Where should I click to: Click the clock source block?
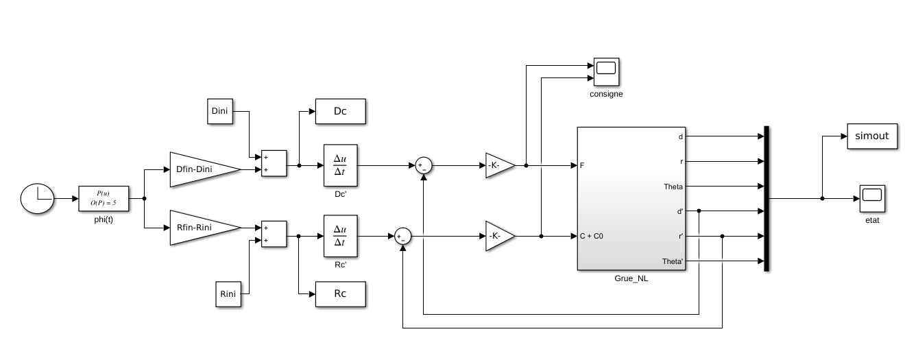tap(37, 199)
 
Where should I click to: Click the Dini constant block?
tap(220, 111)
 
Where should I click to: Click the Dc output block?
tap(340, 111)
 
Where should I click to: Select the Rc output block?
tap(340, 293)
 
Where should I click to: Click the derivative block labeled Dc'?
tap(341, 165)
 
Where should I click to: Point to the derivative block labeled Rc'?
tap(341, 237)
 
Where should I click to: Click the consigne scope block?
tap(606, 72)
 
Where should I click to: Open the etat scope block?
tap(871, 198)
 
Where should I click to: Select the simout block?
tap(872, 136)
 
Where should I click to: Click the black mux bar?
tap(767, 199)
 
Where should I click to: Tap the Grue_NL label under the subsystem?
tap(631, 278)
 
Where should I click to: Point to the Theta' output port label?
tap(673, 261)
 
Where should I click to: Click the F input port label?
tap(582, 165)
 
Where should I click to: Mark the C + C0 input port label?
tap(592, 237)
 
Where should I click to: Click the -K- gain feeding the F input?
tap(499, 165)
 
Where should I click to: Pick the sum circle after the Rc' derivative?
tap(402, 237)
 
